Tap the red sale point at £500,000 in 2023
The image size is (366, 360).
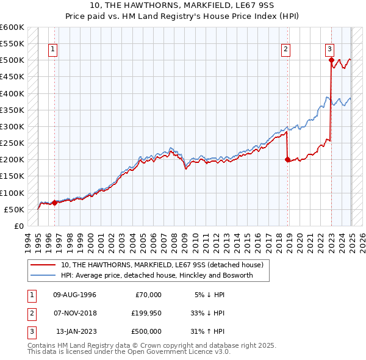tap(331, 60)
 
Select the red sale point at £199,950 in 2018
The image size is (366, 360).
tap(287, 160)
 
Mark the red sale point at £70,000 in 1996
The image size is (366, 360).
tap(54, 203)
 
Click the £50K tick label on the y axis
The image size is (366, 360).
tap(14, 209)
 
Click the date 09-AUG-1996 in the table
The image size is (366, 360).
tap(74, 295)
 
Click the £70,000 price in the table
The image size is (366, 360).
tap(148, 295)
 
